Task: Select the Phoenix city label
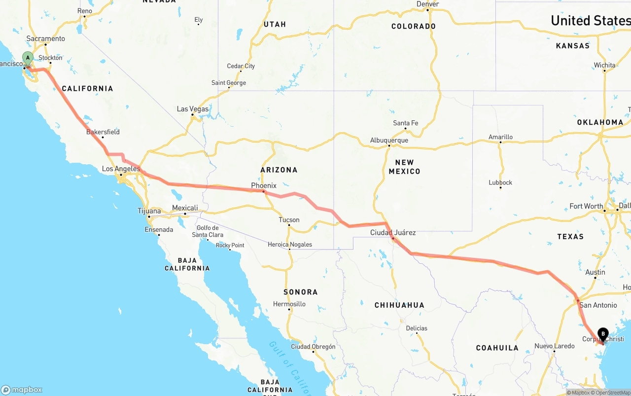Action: pyautogui.click(x=264, y=185)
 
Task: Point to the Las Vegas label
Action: pyautogui.click(x=193, y=109)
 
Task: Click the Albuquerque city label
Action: pyautogui.click(x=389, y=140)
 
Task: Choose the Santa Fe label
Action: pyautogui.click(x=405, y=123)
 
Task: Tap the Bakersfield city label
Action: pyautogui.click(x=103, y=132)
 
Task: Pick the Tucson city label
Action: pyautogui.click(x=289, y=219)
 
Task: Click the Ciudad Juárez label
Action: pyautogui.click(x=393, y=232)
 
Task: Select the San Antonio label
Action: pyautogui.click(x=598, y=305)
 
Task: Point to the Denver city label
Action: pyautogui.click(x=427, y=4)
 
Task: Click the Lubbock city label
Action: pyautogui.click(x=500, y=182)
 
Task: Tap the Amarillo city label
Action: pyautogui.click(x=500, y=137)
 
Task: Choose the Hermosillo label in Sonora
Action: pyautogui.click(x=289, y=304)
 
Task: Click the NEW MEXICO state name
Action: pyautogui.click(x=404, y=167)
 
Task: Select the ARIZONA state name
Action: pyautogui.click(x=279, y=170)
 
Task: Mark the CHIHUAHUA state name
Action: pyautogui.click(x=399, y=305)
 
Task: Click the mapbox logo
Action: pyautogui.click(x=22, y=390)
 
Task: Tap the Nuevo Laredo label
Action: pyautogui.click(x=555, y=346)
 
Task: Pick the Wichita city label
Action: pyautogui.click(x=604, y=65)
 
